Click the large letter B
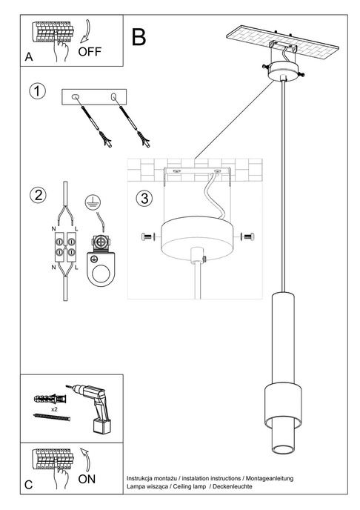click(x=139, y=36)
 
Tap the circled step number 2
click(x=36, y=196)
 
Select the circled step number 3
click(x=144, y=198)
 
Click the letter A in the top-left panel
click(x=28, y=57)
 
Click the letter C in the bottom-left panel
click(x=28, y=486)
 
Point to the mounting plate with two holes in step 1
click(x=95, y=97)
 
